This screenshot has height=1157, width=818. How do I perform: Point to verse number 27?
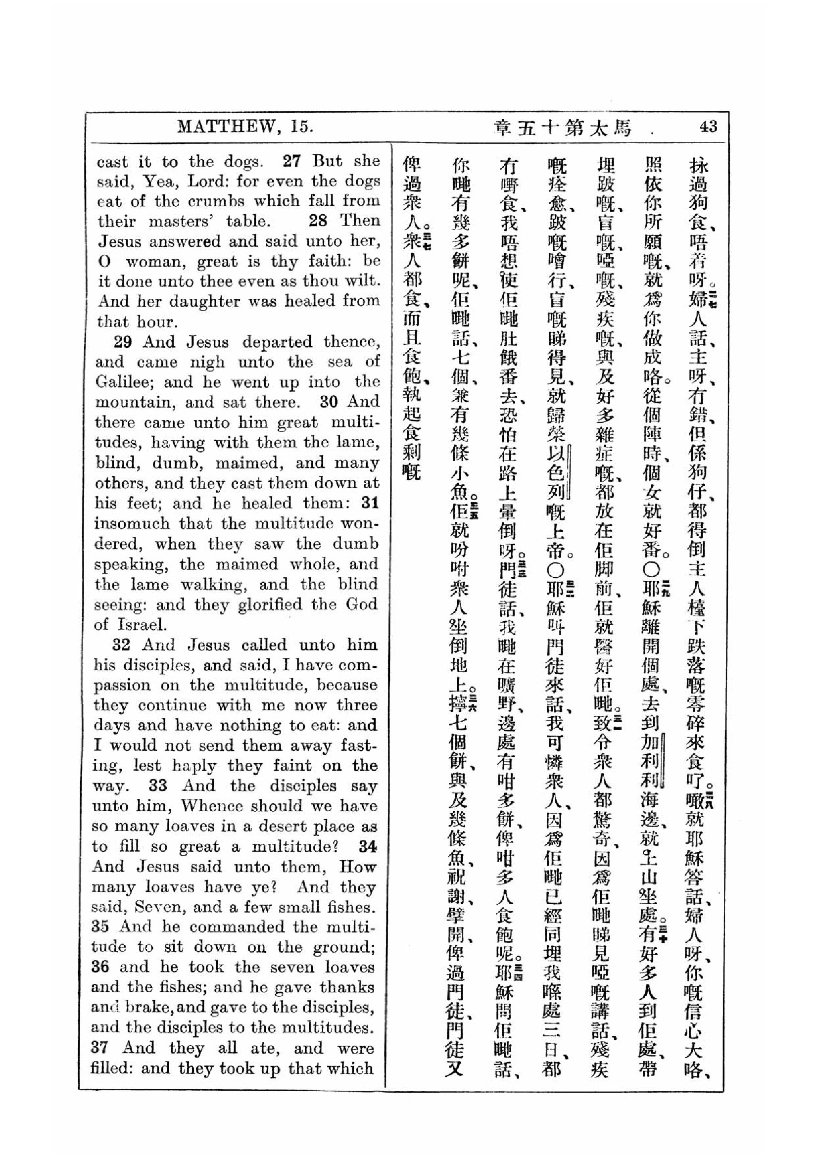click(x=292, y=161)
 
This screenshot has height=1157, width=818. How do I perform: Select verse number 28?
click(x=318, y=221)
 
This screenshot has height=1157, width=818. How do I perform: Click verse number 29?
click(x=122, y=342)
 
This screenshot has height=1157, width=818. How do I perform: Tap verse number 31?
click(x=370, y=503)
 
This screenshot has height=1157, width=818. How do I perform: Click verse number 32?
click(x=121, y=645)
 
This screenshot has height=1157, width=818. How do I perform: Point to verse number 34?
click(x=367, y=846)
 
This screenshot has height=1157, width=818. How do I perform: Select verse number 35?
click(x=100, y=926)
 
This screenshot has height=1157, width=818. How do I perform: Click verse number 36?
click(x=100, y=967)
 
